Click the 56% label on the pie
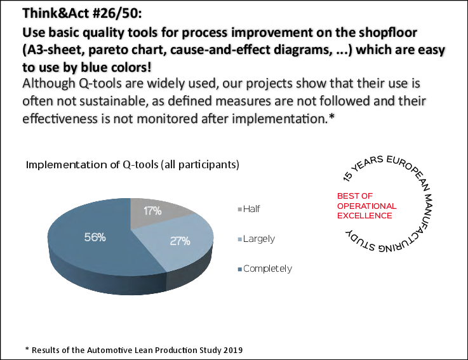point(95,237)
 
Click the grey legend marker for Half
point(239,209)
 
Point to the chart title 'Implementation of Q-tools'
point(132,164)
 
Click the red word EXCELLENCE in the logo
point(364,216)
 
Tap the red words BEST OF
point(355,196)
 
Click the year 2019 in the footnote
point(232,350)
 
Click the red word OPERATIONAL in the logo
point(366,206)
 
